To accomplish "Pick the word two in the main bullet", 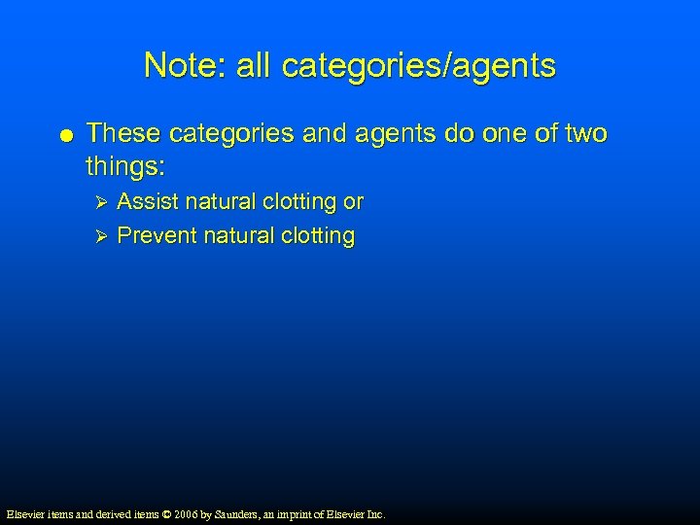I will (582, 133).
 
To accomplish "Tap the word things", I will (125, 166).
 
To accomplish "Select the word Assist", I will (148, 202).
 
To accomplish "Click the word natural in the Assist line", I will (222, 202).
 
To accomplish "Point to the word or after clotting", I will (354, 202).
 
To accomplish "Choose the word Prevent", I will (156, 236).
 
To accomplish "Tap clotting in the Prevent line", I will (316, 236).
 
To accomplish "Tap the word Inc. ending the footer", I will (375, 513).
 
